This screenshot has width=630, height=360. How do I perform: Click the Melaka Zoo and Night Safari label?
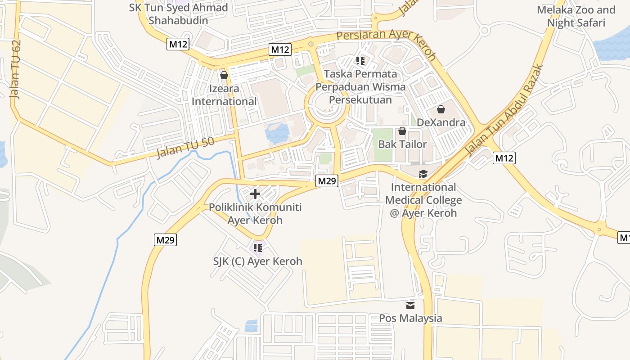pos(576,16)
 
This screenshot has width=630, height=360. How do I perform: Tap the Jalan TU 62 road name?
pos(16,70)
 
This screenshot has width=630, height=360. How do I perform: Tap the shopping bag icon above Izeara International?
pos(224,75)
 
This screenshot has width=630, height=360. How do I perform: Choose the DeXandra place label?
pos(441,122)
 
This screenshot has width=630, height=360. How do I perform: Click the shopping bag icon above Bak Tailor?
pos(402,131)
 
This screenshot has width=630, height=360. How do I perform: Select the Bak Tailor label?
pos(402,144)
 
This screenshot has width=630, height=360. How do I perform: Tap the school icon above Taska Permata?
pos(360,60)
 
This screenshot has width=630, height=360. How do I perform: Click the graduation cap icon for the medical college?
pos(423,174)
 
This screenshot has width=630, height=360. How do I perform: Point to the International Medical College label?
pos(423,200)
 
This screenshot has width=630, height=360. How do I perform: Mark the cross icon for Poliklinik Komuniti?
pos(255,194)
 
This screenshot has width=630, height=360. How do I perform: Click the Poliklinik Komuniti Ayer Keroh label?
pos(255,214)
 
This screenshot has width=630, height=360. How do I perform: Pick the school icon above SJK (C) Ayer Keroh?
pos(258,247)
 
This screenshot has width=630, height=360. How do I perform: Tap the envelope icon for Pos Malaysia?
pos(410,305)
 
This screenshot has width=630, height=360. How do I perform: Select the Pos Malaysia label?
pos(410,318)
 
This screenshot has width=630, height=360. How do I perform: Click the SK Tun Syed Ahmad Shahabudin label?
pos(178,14)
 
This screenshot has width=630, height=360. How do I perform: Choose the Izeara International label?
pos(224,95)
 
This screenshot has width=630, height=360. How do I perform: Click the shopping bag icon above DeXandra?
pos(441,109)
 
